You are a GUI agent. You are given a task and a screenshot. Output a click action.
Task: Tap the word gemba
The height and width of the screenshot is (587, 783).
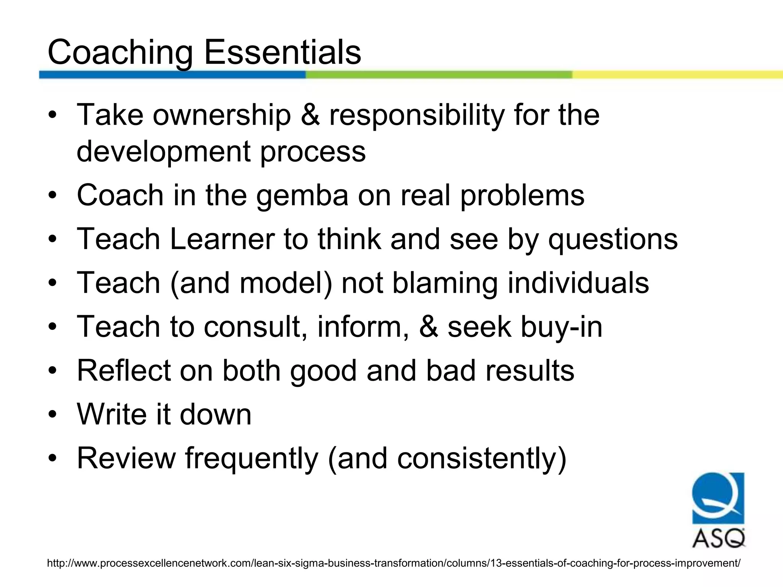pos(302,195)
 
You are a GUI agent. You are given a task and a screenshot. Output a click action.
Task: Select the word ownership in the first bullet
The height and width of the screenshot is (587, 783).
pos(222,115)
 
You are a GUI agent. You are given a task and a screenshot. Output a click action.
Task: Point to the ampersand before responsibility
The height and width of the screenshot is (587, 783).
pos(310,115)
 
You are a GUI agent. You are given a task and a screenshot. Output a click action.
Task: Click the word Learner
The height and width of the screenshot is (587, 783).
pos(222,239)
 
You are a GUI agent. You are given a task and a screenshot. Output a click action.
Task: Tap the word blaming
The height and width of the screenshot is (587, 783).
pos(445,283)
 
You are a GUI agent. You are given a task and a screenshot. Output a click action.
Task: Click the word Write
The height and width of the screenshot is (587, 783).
pos(111,414)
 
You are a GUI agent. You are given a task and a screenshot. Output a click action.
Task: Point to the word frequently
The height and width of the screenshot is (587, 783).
pos(252,459)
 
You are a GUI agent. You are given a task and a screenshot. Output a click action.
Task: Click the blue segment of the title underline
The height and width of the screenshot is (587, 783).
pos(172,75)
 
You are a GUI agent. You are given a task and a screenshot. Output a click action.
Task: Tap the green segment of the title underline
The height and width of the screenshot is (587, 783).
pos(439,75)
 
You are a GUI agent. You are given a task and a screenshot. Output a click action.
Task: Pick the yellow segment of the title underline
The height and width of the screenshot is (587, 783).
pos(677,75)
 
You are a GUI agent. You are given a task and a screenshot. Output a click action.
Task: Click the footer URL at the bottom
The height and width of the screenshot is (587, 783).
pos(393,563)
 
